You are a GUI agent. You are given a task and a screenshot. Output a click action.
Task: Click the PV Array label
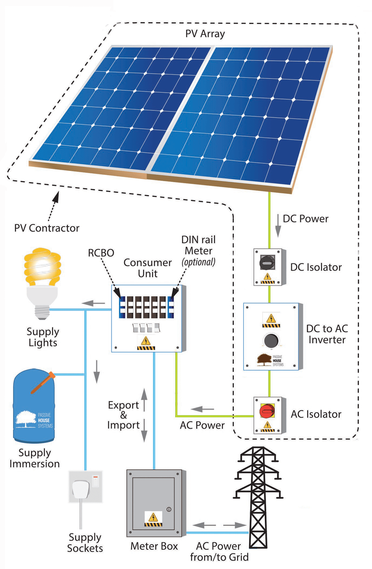[205, 34]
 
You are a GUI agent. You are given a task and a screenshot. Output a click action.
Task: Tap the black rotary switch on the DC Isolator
[267, 262]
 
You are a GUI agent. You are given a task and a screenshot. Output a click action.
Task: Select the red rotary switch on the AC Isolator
[267, 411]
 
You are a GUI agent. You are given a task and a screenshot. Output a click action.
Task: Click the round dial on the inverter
[271, 341]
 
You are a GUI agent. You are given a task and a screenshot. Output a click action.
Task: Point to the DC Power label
[306, 219]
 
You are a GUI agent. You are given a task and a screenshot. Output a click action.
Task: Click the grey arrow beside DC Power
[278, 226]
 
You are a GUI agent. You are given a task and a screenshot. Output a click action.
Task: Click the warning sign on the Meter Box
[153, 519]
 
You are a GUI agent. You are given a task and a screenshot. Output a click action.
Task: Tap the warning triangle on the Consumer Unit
[146, 342]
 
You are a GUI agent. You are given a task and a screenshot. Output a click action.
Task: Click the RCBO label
[101, 253]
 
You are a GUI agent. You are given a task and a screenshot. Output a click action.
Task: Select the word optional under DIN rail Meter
[199, 262]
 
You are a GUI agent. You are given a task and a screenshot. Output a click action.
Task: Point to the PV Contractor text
[47, 228]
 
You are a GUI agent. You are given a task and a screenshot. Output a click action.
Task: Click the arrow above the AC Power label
[202, 409]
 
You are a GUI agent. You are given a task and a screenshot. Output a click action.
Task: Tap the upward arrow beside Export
[144, 399]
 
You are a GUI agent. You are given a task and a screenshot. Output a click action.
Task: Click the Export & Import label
[123, 415]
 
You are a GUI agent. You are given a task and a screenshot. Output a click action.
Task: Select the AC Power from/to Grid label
[219, 552]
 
